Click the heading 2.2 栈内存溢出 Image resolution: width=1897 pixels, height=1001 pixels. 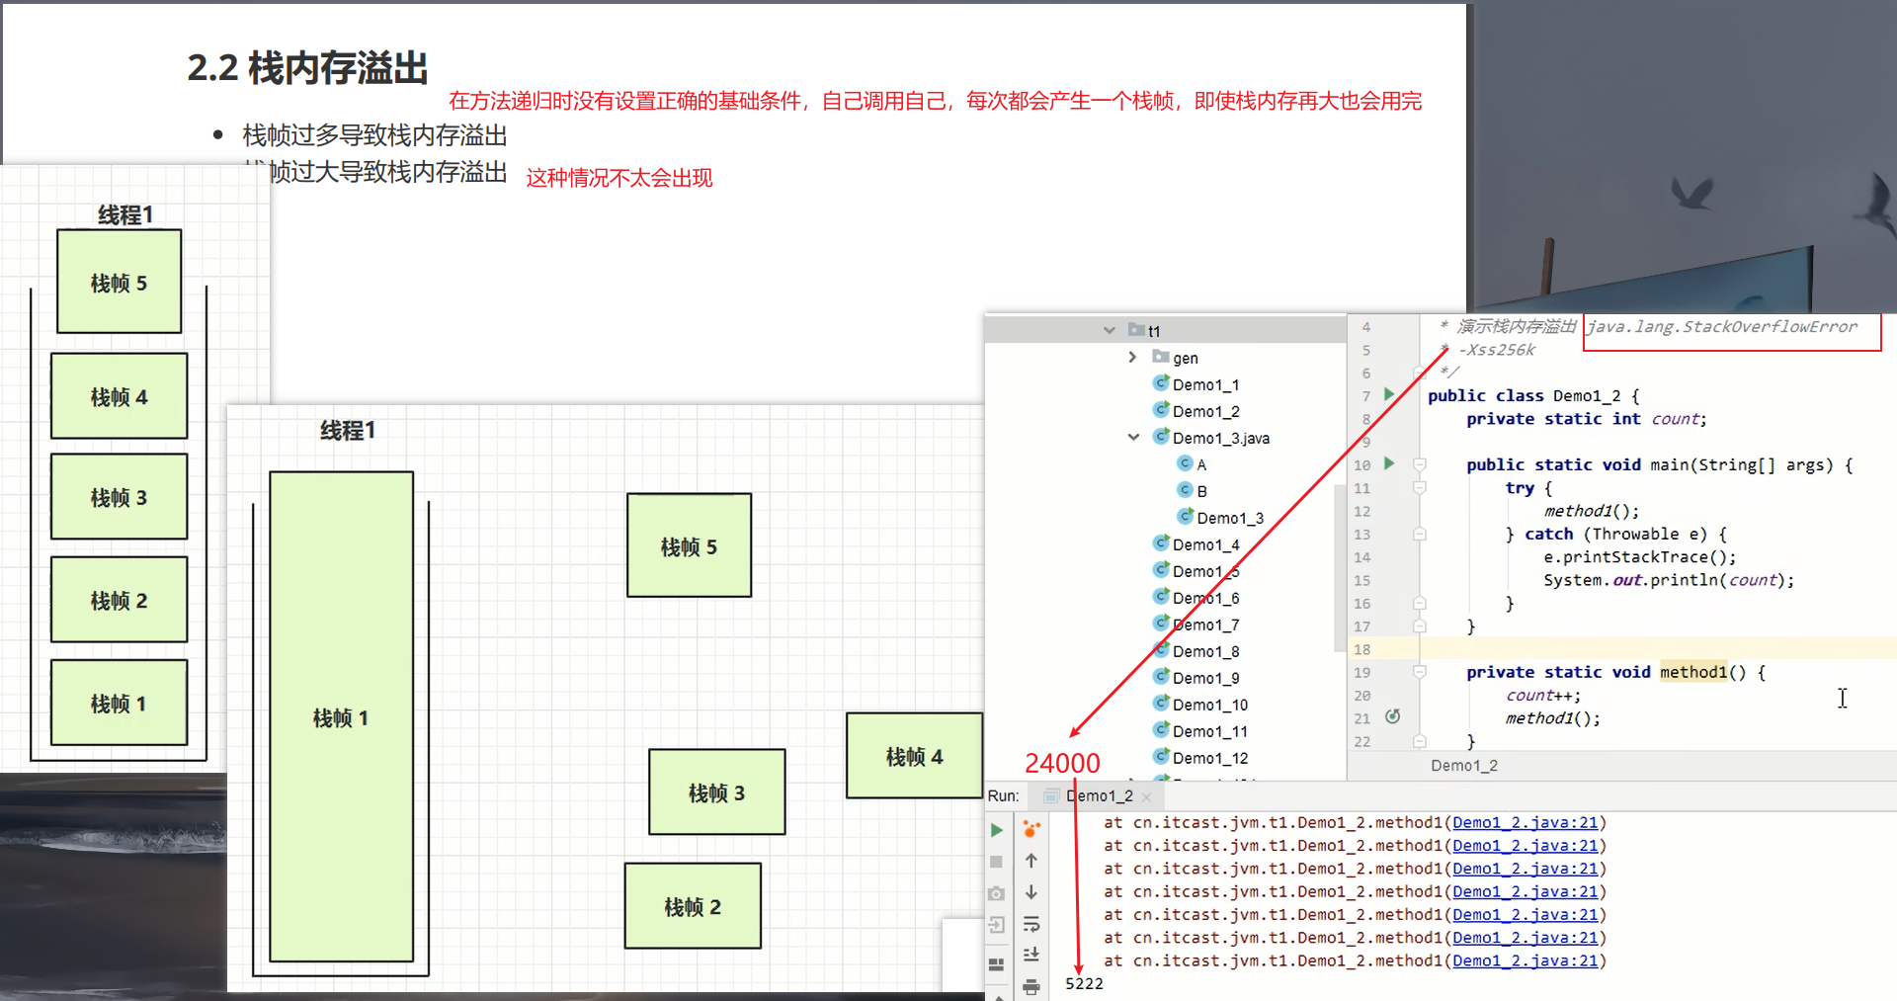click(307, 68)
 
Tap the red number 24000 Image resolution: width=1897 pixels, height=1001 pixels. click(1062, 763)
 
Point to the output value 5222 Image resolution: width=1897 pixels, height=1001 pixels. click(1084, 983)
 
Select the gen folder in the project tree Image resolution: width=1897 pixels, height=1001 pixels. click(1185, 358)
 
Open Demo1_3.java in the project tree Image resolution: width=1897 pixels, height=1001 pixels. click(1220, 438)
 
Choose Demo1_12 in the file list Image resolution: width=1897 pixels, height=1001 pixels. click(1209, 758)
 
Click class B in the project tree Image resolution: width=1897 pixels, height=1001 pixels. click(1201, 491)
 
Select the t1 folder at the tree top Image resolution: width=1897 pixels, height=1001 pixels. click(1153, 331)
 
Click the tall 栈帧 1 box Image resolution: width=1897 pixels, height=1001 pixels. click(341, 716)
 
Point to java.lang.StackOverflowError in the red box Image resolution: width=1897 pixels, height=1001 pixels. click(1721, 327)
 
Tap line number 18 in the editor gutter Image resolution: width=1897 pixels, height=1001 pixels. click(1362, 649)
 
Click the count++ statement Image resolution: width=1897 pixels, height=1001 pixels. click(1542, 696)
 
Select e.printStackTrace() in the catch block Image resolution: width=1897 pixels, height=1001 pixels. click(1639, 557)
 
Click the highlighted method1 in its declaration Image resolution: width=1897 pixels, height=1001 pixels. click(1693, 672)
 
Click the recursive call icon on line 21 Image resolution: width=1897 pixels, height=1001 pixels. click(1393, 716)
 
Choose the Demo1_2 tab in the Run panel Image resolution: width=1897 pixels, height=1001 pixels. click(1099, 795)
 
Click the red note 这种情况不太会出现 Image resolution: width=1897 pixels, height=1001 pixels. click(619, 178)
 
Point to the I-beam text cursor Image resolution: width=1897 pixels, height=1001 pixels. click(1843, 698)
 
